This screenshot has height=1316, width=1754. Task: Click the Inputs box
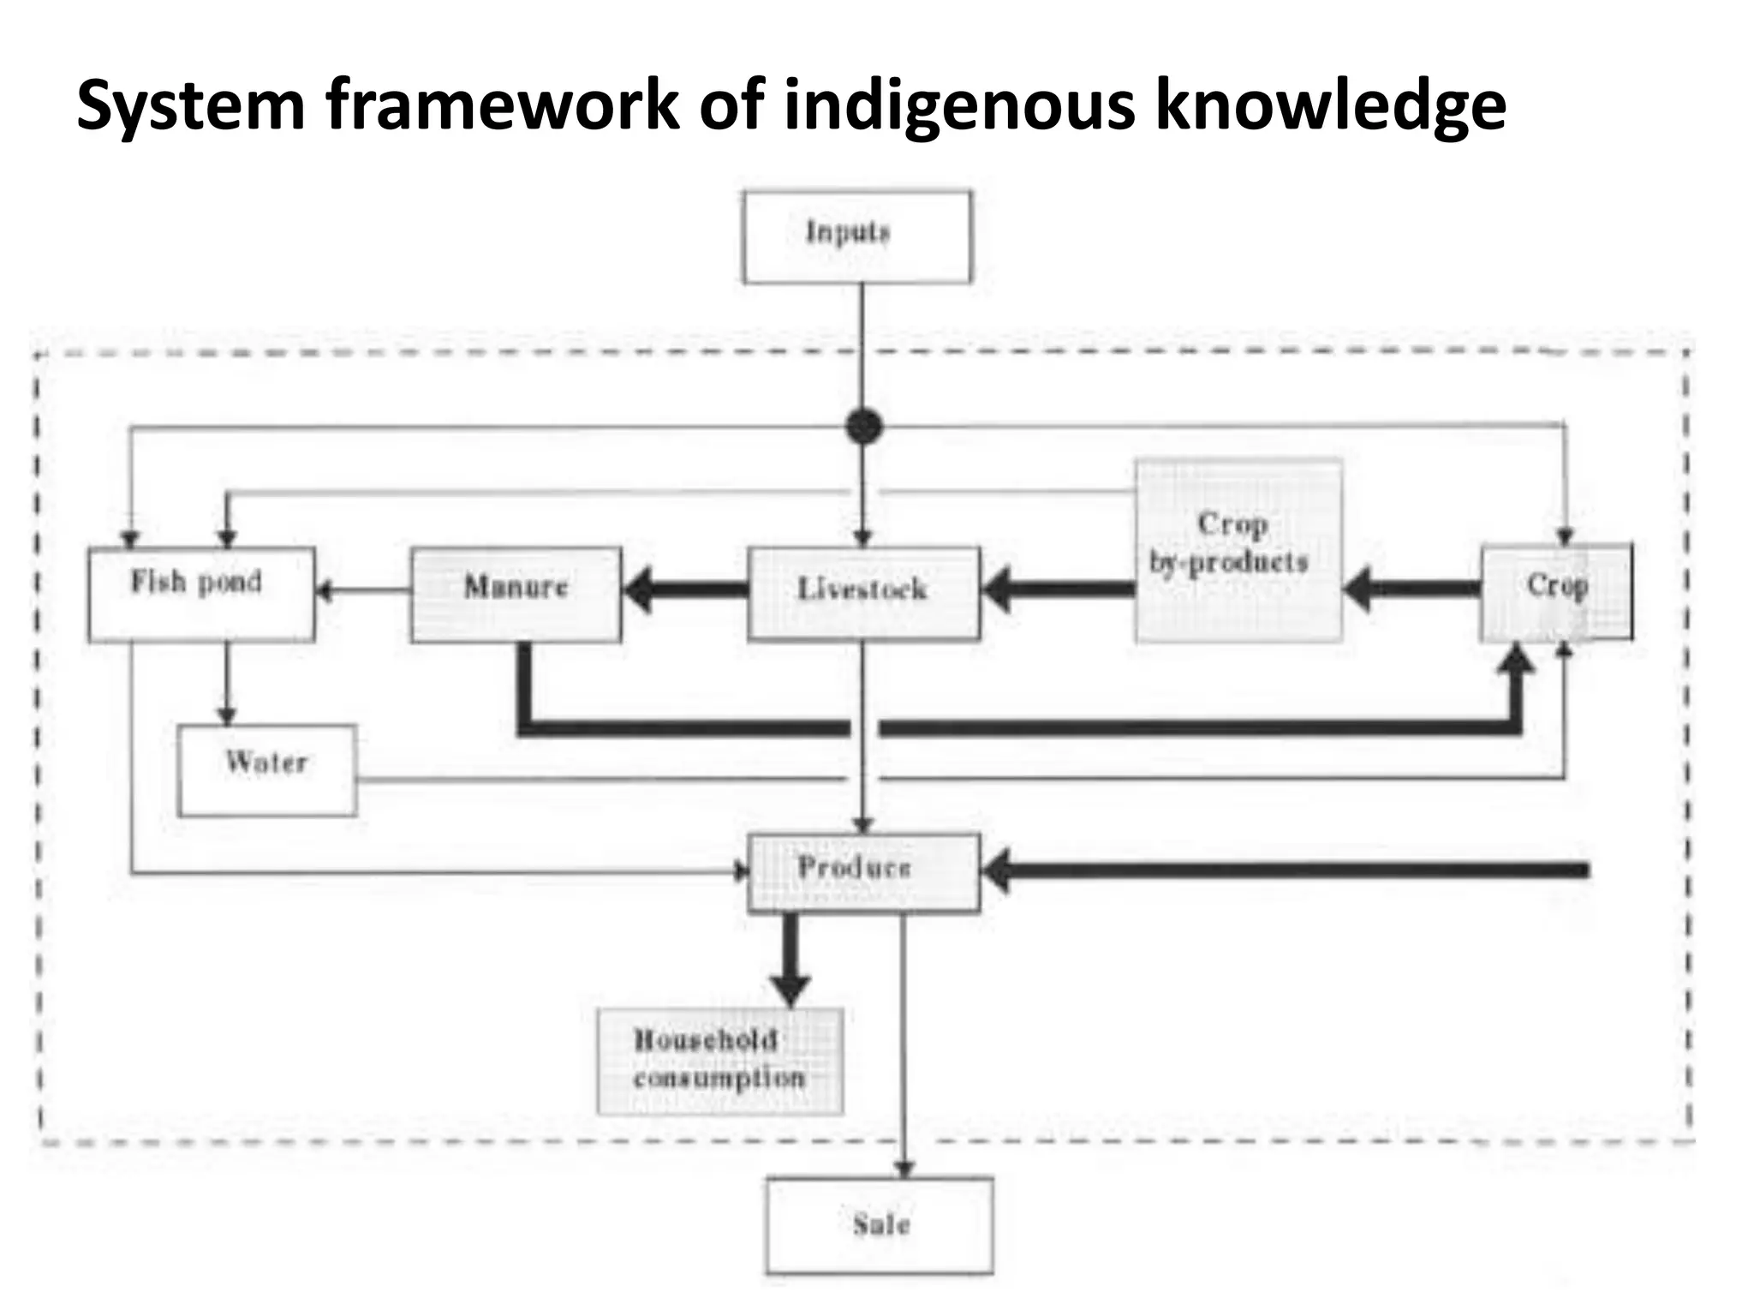click(857, 236)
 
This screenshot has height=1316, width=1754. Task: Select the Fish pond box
click(201, 595)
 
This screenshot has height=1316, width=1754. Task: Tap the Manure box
click(516, 595)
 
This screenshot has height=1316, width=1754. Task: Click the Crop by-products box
click(1238, 551)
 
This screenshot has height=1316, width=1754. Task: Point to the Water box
click(267, 770)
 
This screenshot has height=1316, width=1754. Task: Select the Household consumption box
click(719, 1062)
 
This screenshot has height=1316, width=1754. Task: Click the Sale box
click(880, 1225)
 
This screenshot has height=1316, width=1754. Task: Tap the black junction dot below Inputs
click(863, 426)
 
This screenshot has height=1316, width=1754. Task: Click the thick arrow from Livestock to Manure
click(685, 589)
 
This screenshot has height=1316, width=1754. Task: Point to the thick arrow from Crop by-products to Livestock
click(1058, 589)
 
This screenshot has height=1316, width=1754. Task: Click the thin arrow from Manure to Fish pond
click(363, 589)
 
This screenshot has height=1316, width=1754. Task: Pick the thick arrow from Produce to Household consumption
click(790, 960)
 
